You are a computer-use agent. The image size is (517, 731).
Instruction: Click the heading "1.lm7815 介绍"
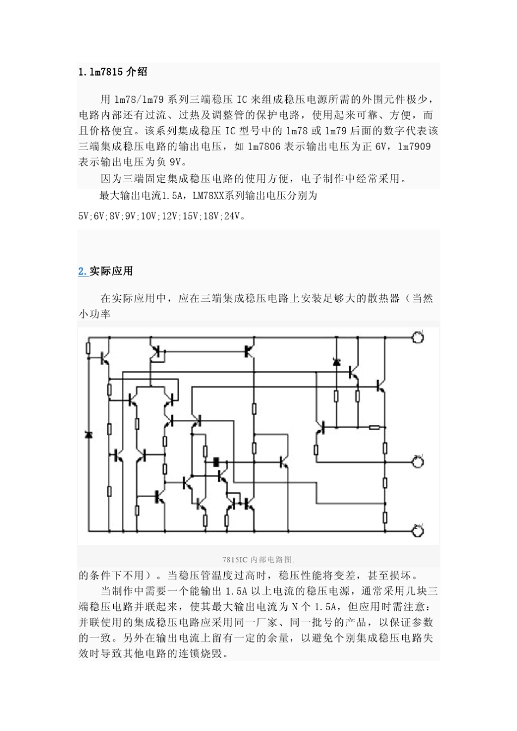[x=113, y=72]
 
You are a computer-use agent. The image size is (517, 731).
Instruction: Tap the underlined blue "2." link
[x=83, y=271]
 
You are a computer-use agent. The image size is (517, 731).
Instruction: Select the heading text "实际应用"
[x=111, y=271]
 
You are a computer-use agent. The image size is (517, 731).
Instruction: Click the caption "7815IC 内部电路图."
[x=258, y=559]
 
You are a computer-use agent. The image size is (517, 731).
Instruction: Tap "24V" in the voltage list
[x=232, y=216]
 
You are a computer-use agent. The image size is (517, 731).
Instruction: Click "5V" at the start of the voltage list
[x=84, y=216]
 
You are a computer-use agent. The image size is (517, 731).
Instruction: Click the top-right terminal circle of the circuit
[x=418, y=337]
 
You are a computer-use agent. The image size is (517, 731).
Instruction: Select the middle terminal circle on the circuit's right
[x=418, y=462]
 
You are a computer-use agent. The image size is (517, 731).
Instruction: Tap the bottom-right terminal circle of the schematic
[x=418, y=531]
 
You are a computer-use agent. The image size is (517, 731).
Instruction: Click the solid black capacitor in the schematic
[x=217, y=462]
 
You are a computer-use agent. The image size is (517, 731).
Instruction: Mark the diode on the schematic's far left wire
[x=88, y=435]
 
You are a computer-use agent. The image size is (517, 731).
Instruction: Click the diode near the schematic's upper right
[x=336, y=362]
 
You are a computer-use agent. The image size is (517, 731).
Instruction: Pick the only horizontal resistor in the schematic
[x=374, y=427]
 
